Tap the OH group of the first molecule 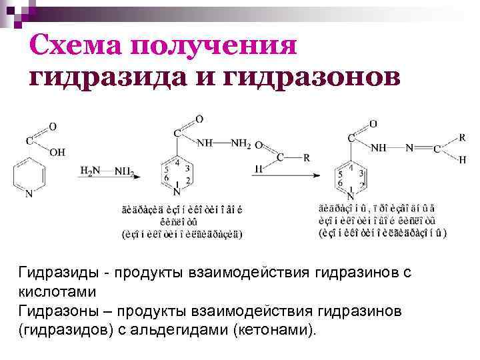(58, 153)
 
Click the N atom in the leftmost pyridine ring (29, 195)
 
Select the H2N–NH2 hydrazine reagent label (107, 172)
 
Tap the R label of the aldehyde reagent (307, 158)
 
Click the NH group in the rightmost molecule (379, 148)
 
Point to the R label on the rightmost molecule (461, 137)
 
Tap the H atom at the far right (463, 160)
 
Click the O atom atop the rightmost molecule (373, 123)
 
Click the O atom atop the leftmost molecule (52, 126)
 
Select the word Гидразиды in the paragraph (53, 273)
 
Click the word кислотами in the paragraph (57, 292)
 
